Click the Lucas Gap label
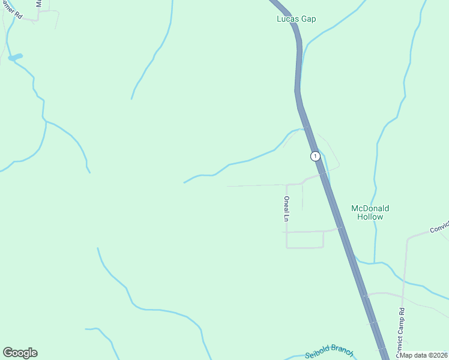click(296, 19)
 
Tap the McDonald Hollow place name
click(370, 212)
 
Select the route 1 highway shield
click(315, 156)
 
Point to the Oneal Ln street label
click(287, 209)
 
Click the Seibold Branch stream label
click(329, 353)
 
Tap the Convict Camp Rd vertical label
click(402, 330)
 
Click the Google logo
click(20, 353)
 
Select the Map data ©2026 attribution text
click(423, 355)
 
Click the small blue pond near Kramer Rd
click(16, 57)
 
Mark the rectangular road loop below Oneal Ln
click(305, 239)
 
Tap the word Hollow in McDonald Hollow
click(370, 217)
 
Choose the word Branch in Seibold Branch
click(340, 353)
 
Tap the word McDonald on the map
click(370, 208)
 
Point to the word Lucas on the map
click(286, 19)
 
